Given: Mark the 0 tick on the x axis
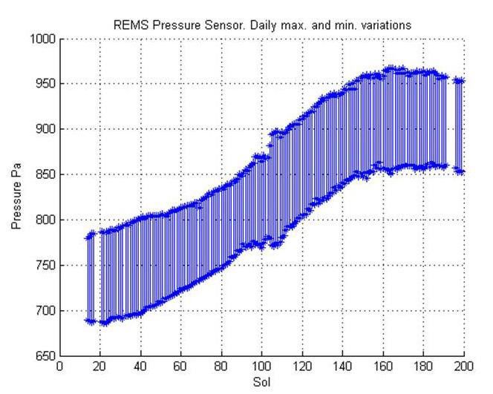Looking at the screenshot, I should [x=59, y=367].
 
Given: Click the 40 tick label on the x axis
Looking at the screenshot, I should [x=140, y=367].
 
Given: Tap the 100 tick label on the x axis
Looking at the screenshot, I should [x=261, y=367].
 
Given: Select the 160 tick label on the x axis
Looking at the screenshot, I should [x=383, y=367].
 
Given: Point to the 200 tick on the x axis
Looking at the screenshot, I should [x=464, y=367].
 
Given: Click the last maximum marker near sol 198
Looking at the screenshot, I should [x=460, y=81].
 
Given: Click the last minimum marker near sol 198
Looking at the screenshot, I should [x=460, y=171].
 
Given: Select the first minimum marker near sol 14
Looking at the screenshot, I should [x=88, y=321].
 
